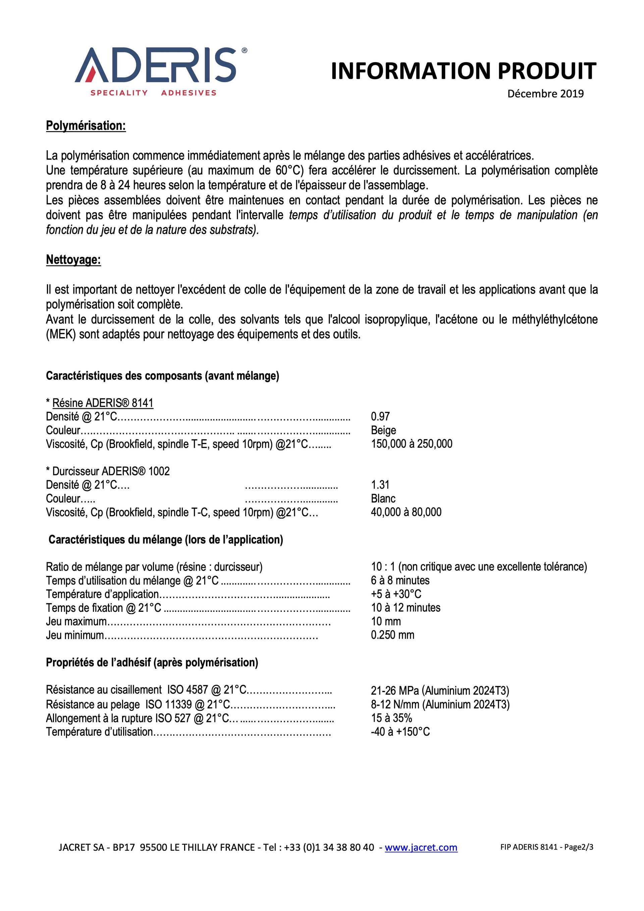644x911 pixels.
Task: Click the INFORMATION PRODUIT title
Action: click(463, 71)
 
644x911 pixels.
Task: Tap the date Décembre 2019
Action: click(545, 94)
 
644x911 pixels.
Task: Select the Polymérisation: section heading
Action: click(86, 126)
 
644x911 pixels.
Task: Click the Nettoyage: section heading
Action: click(73, 260)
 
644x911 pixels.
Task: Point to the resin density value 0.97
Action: click(380, 417)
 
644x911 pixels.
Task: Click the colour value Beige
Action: click(383, 430)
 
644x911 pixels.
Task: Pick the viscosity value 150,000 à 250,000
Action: click(412, 444)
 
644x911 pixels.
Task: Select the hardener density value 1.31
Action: click(380, 485)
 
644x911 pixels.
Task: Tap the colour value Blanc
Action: click(383, 499)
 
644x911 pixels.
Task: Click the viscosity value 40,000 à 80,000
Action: click(406, 512)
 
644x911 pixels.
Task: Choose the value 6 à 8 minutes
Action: click(400, 581)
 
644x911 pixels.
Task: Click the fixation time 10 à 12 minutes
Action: click(406, 608)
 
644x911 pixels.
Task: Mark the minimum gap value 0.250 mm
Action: click(392, 635)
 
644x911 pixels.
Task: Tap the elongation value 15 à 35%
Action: click(391, 718)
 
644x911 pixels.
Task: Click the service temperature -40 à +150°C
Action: click(400, 732)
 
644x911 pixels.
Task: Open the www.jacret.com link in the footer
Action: click(421, 848)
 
